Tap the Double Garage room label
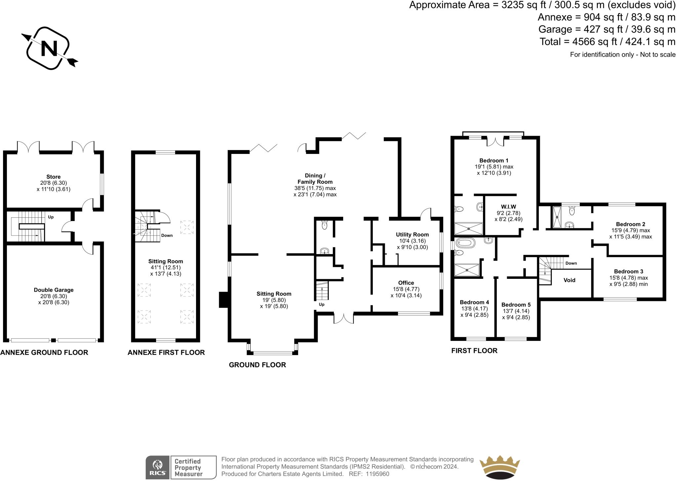click(54, 290)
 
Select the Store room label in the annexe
click(53, 177)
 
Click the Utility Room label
click(412, 235)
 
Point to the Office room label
click(406, 283)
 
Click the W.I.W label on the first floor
click(508, 207)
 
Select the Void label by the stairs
click(569, 280)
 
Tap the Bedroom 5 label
click(516, 305)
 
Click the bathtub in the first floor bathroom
click(465, 243)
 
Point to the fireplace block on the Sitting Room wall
click(224, 300)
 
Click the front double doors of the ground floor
click(343, 318)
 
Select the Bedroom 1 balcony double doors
click(495, 141)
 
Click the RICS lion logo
click(158, 467)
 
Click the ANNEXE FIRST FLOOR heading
click(166, 352)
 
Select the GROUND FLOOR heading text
click(257, 365)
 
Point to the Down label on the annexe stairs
click(167, 236)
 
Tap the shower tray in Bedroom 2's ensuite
click(558, 217)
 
